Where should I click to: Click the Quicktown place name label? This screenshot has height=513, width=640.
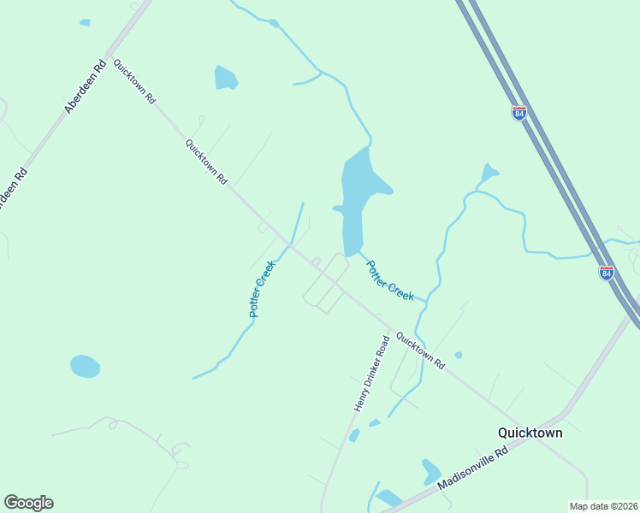(x=530, y=433)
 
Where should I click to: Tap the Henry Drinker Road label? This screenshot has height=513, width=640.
(x=372, y=374)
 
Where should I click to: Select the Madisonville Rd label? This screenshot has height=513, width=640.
(x=472, y=466)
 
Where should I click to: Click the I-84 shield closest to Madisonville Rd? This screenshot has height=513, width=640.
(x=606, y=273)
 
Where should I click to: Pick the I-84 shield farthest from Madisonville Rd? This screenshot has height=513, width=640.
(x=519, y=113)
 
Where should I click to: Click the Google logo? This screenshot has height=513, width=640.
(x=28, y=503)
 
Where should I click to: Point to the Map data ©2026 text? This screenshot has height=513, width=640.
(x=602, y=506)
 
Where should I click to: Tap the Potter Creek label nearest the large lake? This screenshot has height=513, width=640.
(x=390, y=280)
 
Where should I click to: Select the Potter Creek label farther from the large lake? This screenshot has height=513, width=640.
(x=262, y=288)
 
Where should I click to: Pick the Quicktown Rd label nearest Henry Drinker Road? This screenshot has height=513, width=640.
(x=420, y=351)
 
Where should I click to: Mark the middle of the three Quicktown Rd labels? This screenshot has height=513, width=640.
(x=207, y=162)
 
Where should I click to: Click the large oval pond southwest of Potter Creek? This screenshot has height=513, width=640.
(x=85, y=366)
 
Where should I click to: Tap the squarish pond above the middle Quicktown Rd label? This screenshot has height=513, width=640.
(x=225, y=78)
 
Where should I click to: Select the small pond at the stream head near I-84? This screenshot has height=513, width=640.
(x=489, y=173)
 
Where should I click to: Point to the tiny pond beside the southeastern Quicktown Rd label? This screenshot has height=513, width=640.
(x=459, y=355)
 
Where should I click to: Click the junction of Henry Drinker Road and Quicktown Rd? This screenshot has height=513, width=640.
(x=390, y=329)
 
